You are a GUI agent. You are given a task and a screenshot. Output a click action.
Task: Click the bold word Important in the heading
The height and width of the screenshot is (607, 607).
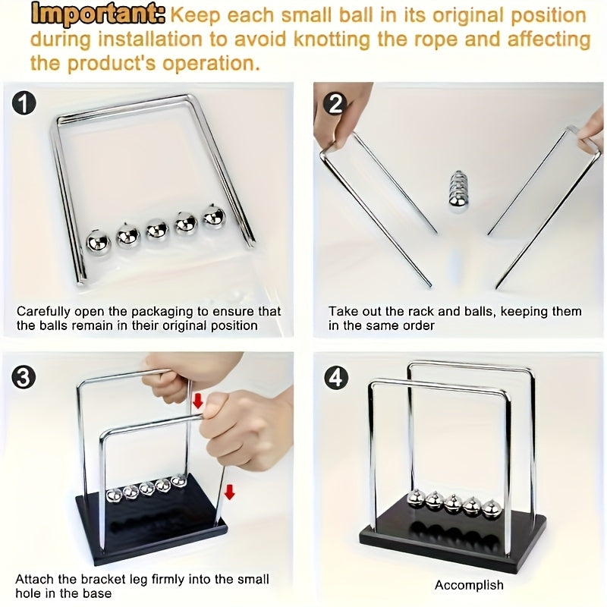coord(98,15)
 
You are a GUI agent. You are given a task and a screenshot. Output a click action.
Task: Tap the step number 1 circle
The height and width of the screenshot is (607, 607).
coord(24,104)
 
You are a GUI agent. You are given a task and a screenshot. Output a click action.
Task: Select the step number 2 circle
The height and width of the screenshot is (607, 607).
coord(335,104)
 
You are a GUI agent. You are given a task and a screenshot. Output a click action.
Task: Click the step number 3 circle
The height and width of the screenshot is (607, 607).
coord(24,377)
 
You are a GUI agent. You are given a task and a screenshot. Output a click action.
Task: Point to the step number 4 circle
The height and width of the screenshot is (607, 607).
coord(335,377)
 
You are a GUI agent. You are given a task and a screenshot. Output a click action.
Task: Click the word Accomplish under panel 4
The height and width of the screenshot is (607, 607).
coord(469,584)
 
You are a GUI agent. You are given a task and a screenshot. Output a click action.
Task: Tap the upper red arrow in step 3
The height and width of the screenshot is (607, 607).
coord(198,401)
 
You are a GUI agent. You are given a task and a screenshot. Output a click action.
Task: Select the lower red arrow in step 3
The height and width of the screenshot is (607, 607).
coord(230,492)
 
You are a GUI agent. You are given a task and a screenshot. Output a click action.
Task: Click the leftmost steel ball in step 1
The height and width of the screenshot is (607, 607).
coord(99,243)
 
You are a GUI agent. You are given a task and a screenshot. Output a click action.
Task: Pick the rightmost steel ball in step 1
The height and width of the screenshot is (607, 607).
coord(214,216)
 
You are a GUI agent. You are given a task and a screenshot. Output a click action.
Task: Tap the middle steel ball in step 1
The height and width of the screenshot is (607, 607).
coord(157,231)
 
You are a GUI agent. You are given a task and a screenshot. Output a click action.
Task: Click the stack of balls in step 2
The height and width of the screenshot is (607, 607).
coord(458,192)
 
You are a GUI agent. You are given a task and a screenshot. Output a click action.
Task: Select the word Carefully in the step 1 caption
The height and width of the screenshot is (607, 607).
coord(43,312)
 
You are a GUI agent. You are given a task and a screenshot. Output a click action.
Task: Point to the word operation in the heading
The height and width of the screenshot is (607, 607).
coord(211,63)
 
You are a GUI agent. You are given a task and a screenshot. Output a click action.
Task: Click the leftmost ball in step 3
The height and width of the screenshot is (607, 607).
coord(113,496)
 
